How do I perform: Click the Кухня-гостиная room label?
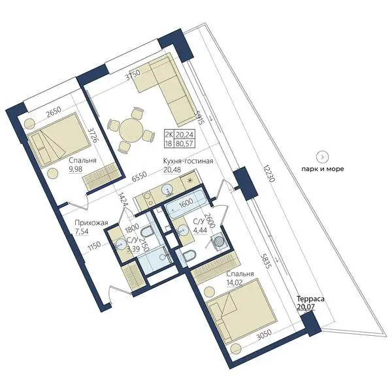tap(188, 161)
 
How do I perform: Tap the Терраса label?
tap(310, 299)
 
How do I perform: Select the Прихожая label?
tap(91, 223)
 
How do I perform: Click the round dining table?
tap(131, 130)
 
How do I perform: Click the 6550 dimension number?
tap(139, 177)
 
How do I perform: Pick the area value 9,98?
tap(76, 169)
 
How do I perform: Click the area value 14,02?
tap(235, 282)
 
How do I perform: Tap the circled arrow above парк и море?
tap(323, 157)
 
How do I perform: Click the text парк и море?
tap(323, 169)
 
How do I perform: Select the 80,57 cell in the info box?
tap(184, 144)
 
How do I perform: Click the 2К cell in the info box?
tap(169, 135)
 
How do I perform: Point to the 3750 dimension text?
tap(133, 74)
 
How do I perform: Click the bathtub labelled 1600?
tap(186, 203)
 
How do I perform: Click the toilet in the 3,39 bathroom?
tap(147, 231)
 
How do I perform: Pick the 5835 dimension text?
tap(265, 261)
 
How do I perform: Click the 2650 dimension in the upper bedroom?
tap(54, 112)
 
